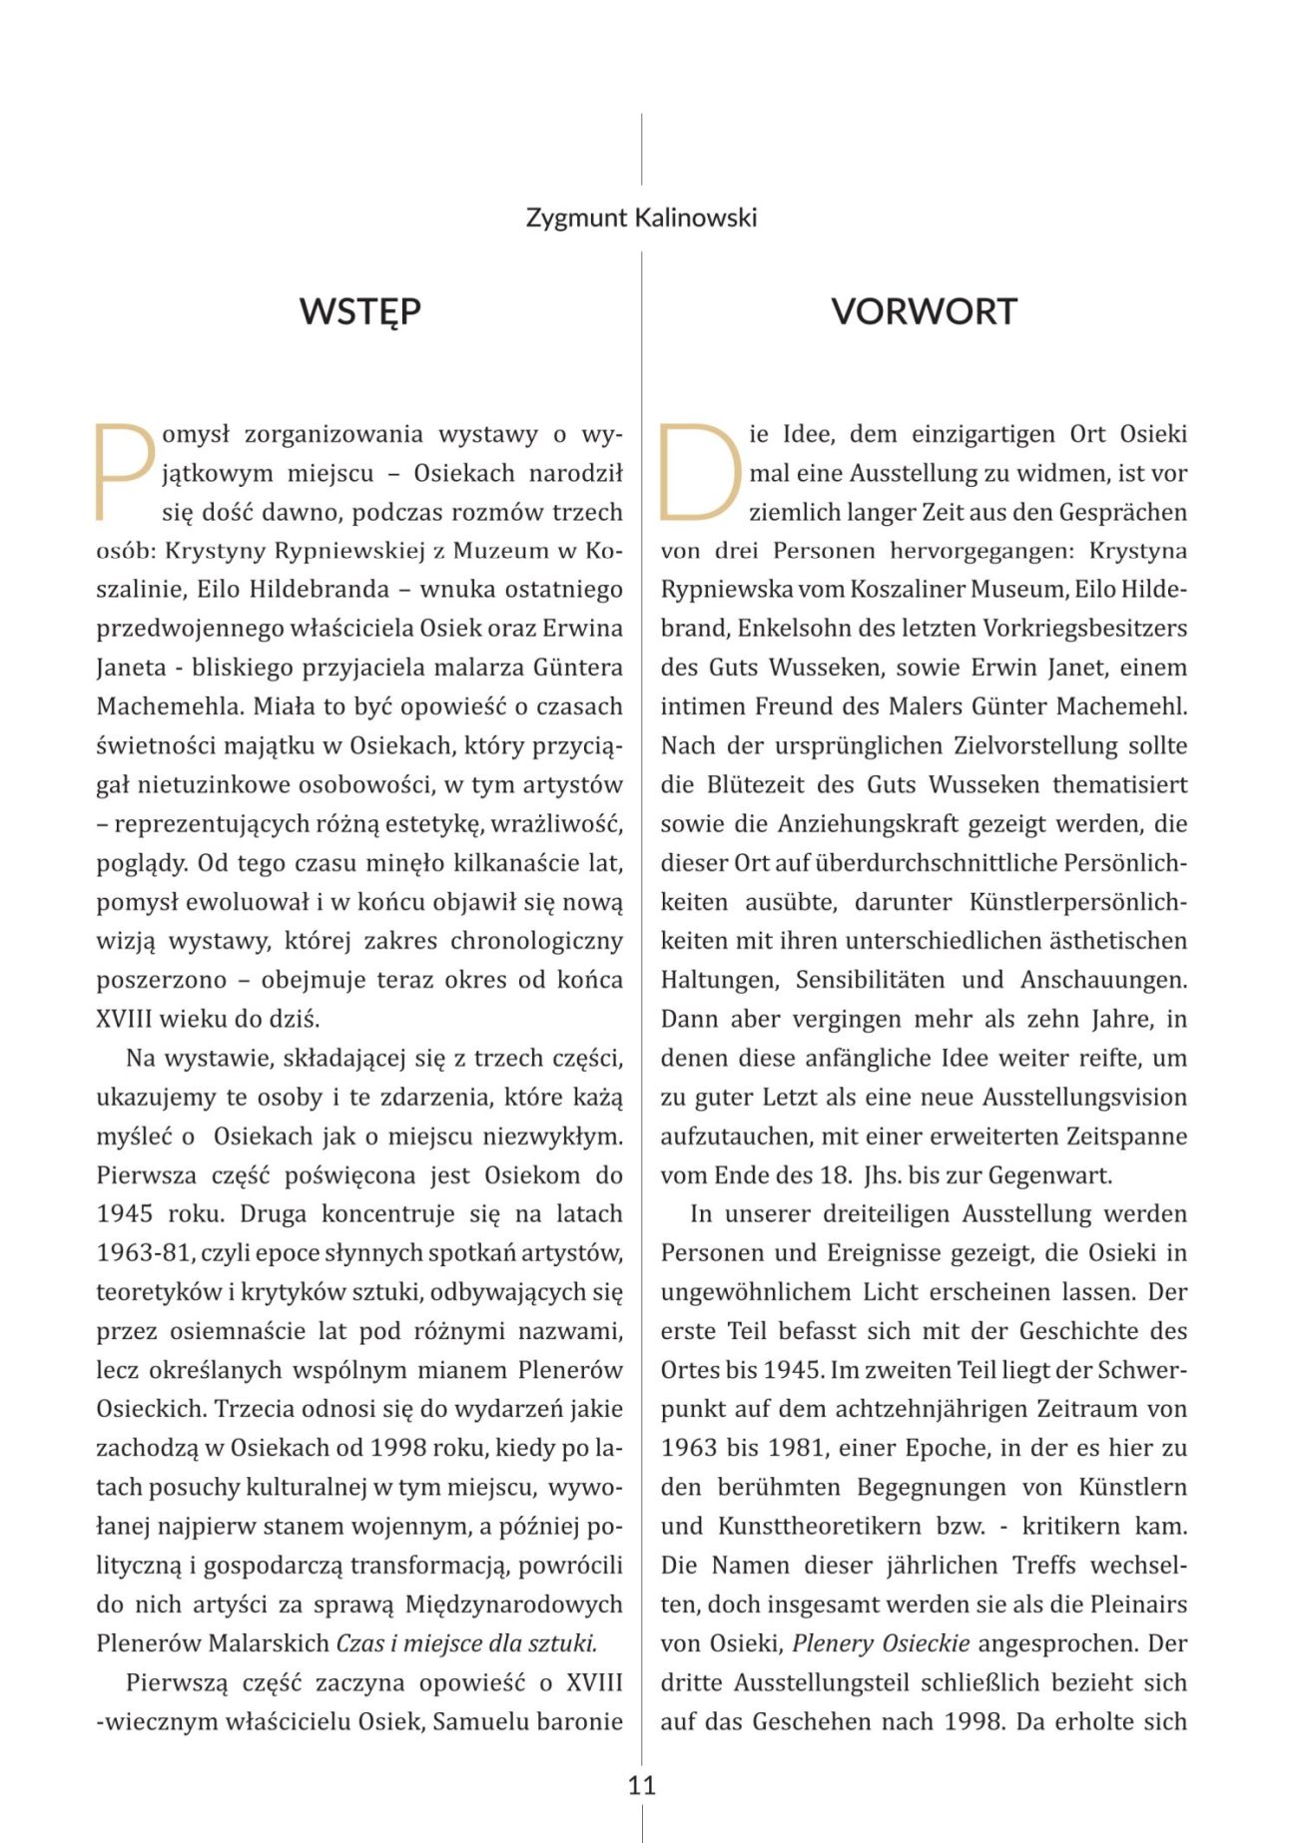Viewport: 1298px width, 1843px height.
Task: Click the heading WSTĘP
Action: click(359, 311)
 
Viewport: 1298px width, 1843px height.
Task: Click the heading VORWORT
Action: click(924, 311)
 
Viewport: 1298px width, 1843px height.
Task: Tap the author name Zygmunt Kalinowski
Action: click(641, 218)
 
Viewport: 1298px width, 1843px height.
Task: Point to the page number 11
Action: click(641, 1785)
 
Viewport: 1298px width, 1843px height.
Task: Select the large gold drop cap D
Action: click(699, 472)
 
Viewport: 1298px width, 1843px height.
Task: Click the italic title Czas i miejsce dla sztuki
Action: click(466, 1643)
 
